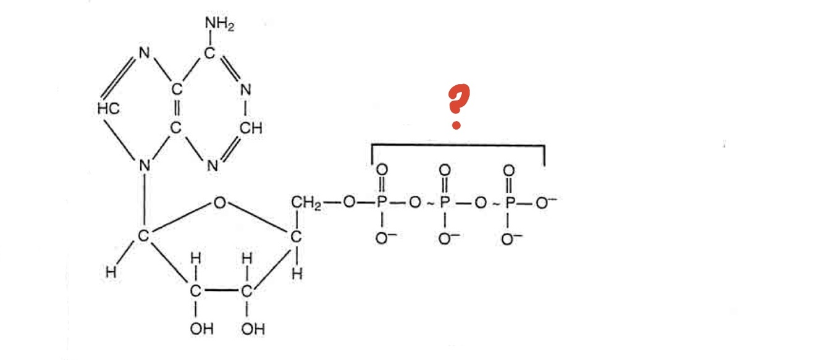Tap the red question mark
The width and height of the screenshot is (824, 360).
coord(458,108)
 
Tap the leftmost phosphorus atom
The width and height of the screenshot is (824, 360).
coord(382,201)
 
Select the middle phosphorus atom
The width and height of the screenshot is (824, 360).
coord(445,201)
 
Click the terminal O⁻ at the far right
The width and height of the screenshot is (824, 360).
coord(544,201)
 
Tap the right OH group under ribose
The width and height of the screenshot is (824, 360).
coord(252,329)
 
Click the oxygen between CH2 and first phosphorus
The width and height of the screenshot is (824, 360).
coord(350,201)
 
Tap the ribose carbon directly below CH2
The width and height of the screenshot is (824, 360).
coord(296,237)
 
